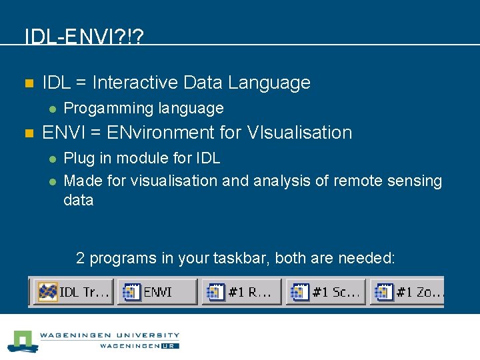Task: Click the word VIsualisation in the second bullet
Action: (299, 133)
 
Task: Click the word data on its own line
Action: (78, 200)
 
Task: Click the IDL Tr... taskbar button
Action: (73, 292)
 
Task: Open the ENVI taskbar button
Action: (157, 292)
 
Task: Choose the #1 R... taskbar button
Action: (241, 292)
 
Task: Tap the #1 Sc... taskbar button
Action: (326, 292)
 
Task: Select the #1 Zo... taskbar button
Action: (408, 292)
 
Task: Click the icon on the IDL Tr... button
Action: (48, 292)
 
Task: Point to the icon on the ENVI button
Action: (131, 292)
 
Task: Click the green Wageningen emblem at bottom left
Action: (24, 341)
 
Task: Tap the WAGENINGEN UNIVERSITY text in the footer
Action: (109, 335)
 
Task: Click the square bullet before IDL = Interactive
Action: (28, 83)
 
